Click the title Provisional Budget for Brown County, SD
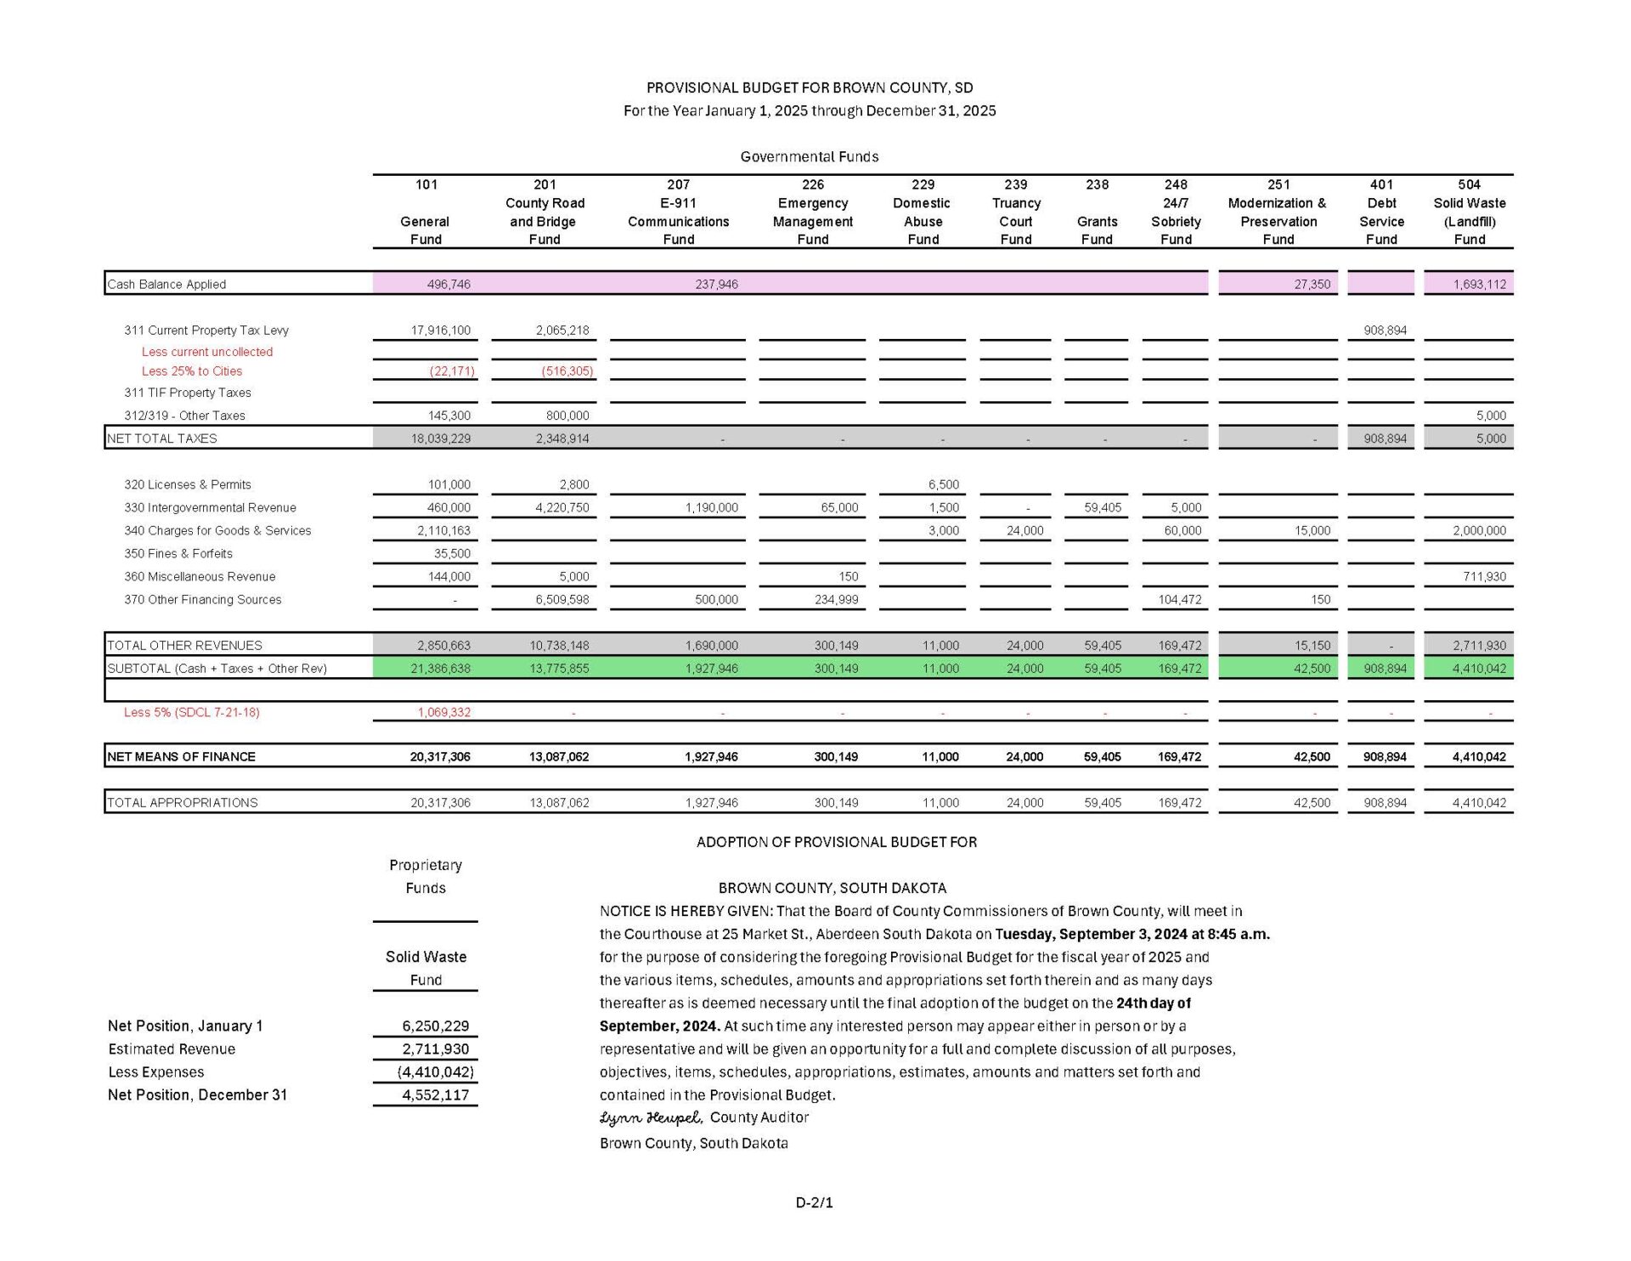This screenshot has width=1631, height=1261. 810,88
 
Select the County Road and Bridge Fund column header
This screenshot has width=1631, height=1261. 545,212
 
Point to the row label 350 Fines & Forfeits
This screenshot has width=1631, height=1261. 178,553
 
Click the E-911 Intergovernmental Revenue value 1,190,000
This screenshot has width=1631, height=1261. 711,507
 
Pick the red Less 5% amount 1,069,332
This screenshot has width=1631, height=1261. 443,712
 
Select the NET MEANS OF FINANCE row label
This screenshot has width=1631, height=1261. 181,756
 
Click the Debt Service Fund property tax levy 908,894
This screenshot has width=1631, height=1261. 1385,330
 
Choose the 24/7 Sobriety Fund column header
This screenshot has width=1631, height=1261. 1176,212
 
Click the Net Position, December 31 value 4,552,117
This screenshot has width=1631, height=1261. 435,1094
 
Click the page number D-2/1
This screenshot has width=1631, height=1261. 814,1202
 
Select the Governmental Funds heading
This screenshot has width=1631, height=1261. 809,156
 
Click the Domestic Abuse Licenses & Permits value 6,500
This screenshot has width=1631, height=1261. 943,484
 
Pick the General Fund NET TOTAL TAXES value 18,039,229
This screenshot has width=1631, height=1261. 440,438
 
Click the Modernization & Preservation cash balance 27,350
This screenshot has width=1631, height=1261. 1312,284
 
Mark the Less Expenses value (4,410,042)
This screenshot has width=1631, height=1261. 435,1072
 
